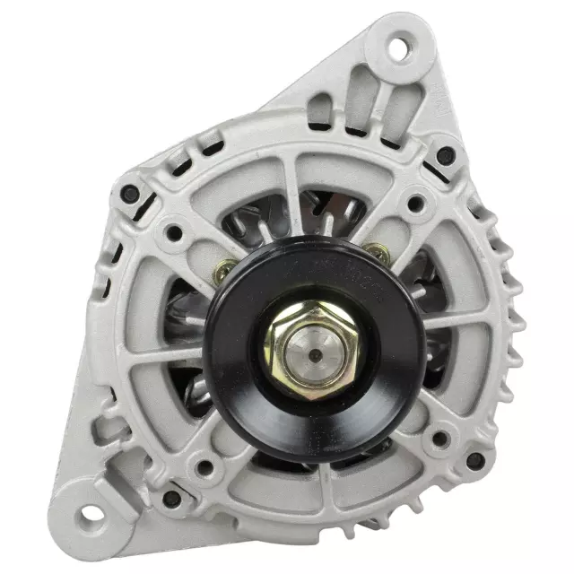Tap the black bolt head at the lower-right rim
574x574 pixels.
(x=475, y=461)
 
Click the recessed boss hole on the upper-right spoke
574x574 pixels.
(x=413, y=204)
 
